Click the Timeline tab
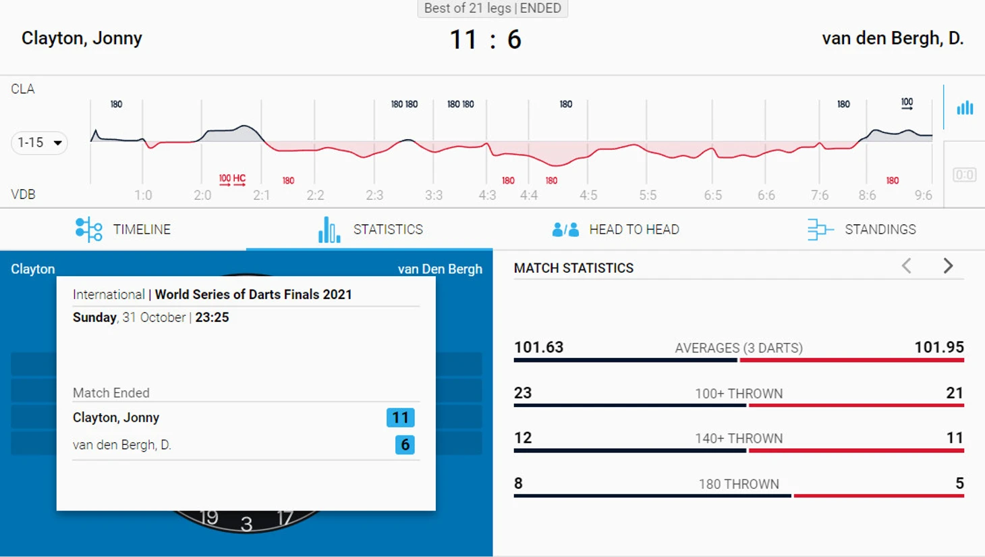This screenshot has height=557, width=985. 123,230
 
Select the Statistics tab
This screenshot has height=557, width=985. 370,230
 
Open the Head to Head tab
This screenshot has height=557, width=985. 615,230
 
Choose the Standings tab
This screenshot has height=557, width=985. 862,230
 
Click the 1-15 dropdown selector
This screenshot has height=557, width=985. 39,142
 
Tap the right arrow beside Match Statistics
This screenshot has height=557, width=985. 948,266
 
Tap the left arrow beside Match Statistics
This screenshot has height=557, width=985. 907,266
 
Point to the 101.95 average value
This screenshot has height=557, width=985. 938,347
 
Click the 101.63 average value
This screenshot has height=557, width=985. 538,347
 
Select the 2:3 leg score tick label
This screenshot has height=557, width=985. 374,195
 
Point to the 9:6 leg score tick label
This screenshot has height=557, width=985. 923,195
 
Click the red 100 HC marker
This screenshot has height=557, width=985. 232,180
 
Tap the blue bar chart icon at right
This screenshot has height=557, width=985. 965,107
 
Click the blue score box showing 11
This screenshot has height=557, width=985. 400,418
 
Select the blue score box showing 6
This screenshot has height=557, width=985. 405,445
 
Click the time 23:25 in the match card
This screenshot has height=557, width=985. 212,317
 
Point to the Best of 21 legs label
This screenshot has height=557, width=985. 492,8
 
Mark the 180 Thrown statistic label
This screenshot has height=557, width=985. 739,484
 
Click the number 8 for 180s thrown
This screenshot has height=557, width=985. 518,483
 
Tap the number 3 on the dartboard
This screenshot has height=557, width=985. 246,523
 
